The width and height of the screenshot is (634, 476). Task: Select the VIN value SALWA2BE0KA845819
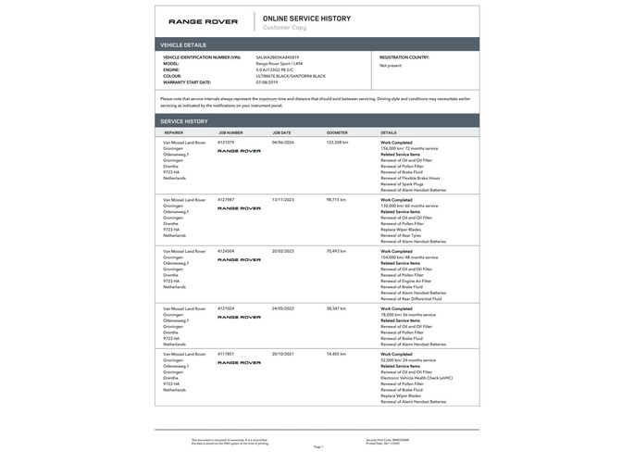[277, 56]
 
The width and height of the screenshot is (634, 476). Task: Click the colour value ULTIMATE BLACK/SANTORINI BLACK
[291, 75]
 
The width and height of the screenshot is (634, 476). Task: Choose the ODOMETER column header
[337, 132]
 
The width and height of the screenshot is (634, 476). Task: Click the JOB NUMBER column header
[230, 132]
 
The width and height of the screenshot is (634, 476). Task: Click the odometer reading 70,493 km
[337, 251]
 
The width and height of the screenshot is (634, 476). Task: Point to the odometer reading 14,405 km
[336, 354]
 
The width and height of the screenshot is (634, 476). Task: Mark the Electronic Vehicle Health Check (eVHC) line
[416, 378]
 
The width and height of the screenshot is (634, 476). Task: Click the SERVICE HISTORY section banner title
[184, 121]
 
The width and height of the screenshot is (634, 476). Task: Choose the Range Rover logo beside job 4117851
[240, 363]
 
